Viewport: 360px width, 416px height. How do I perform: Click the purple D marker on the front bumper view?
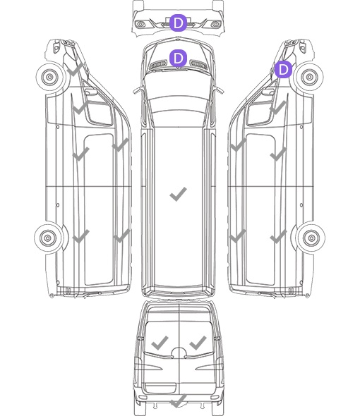(x=178, y=23)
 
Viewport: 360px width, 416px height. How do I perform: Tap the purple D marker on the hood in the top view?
(x=178, y=58)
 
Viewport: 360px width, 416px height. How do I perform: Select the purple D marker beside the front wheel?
(x=283, y=70)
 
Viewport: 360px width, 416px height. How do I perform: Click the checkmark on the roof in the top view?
(x=178, y=194)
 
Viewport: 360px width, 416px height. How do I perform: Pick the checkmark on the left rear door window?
(x=160, y=343)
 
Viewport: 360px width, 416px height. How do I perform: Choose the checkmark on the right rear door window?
(x=198, y=343)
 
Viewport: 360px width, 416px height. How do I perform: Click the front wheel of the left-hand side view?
(x=49, y=77)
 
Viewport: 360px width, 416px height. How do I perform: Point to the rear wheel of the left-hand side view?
(x=48, y=238)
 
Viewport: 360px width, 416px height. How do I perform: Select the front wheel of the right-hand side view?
(x=309, y=77)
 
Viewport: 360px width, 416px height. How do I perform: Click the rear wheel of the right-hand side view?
(x=311, y=238)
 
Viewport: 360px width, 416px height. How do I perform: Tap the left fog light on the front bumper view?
(x=140, y=25)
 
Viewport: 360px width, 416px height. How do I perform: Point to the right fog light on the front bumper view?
(x=215, y=25)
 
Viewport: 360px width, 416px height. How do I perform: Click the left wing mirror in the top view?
(x=137, y=90)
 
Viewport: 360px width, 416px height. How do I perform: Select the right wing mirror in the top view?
(x=219, y=90)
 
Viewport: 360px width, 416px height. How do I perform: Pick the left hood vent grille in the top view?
(x=159, y=64)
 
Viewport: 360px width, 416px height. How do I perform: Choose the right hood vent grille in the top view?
(x=199, y=64)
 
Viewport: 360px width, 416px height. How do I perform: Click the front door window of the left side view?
(x=100, y=114)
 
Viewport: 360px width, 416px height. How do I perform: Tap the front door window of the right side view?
(x=260, y=114)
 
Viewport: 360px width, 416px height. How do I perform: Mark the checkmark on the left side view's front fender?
(x=75, y=70)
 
